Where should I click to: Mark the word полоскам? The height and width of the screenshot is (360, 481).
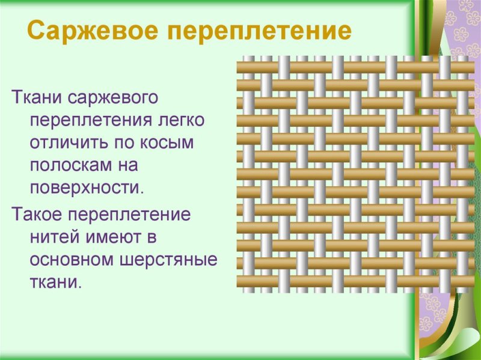click(x=72, y=165)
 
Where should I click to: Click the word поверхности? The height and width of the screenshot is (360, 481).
click(x=87, y=188)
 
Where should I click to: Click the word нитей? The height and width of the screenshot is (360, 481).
click(x=54, y=237)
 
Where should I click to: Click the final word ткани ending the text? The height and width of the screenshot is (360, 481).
click(x=55, y=282)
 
